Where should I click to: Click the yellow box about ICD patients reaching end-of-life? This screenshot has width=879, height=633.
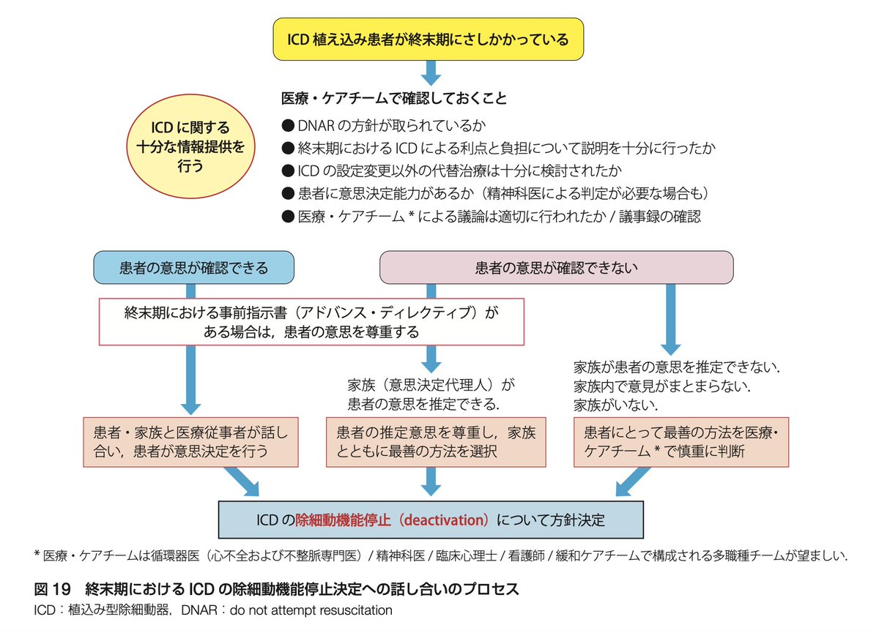tap(429, 40)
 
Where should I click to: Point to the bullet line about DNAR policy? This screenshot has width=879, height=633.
tap(385, 125)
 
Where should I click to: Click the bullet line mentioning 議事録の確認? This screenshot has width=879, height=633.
tap(492, 217)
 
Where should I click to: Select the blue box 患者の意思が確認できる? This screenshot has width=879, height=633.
tap(193, 268)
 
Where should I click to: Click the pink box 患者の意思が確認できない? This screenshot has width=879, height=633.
tap(556, 268)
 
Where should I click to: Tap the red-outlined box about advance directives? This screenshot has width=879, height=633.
tap(311, 322)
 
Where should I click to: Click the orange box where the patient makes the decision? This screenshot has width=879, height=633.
tap(191, 441)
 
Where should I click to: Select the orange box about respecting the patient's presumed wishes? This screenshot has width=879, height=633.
tap(435, 441)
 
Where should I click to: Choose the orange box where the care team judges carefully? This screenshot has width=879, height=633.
tap(680, 441)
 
